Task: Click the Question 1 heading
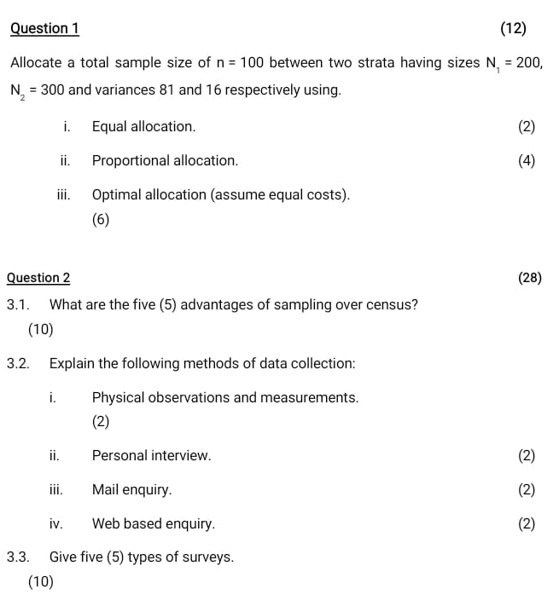click(44, 28)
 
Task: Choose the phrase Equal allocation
click(143, 126)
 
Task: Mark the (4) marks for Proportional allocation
click(527, 160)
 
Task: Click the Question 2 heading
click(38, 277)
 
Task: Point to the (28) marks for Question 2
click(530, 277)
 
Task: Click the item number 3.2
click(18, 363)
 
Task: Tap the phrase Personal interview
click(151, 455)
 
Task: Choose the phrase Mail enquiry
click(131, 489)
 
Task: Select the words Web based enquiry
click(154, 523)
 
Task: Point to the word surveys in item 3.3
click(209, 557)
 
